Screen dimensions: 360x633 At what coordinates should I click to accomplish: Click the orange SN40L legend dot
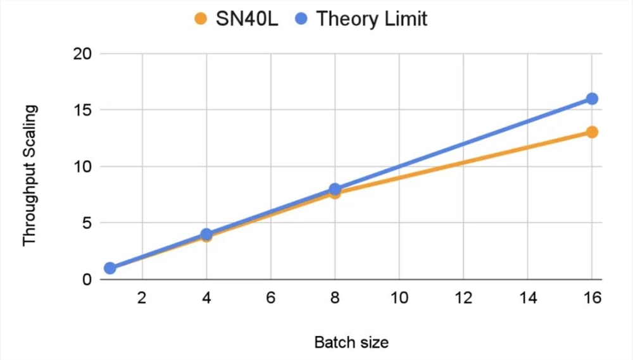coord(201,18)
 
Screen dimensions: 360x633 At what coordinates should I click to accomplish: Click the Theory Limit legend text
coord(372,18)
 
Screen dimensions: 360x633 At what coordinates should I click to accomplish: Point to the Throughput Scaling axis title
coord(30,176)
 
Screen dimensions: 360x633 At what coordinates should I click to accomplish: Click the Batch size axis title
coord(351,342)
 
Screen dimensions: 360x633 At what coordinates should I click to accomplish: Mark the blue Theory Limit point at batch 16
coord(592,99)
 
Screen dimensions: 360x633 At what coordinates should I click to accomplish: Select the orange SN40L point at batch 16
coord(592,132)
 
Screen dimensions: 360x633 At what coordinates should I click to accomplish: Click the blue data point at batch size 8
coord(335,189)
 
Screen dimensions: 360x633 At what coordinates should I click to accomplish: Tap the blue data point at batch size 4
coord(206,234)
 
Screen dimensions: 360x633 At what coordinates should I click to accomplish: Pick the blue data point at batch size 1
coord(110,268)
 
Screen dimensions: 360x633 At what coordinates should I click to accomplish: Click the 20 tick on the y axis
coord(82,54)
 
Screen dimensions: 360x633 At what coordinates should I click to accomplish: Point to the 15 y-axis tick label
coord(82,110)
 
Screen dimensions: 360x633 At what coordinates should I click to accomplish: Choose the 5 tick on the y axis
coord(87,223)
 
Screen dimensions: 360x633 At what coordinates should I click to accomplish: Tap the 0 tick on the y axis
coord(87,279)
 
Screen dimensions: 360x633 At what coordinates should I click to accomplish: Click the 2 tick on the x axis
coord(142,297)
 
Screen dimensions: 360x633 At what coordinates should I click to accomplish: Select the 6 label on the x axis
coord(271,297)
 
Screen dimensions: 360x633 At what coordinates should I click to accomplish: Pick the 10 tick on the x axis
coord(399,297)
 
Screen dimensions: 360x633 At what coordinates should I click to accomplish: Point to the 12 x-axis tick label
coord(463,297)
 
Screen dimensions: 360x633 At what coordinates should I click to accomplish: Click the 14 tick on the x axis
coord(528,297)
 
